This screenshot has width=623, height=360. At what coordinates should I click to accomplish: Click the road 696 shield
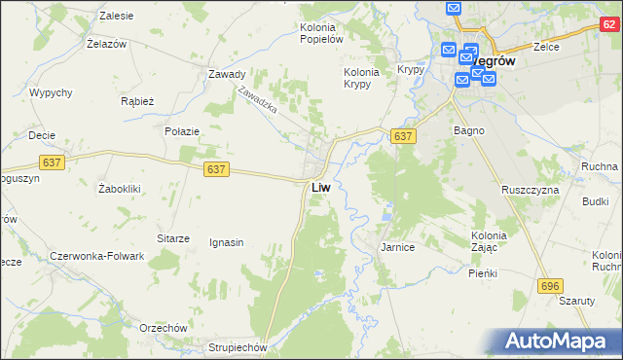pos(550,284)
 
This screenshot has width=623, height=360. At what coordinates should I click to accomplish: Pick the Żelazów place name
pos(109,45)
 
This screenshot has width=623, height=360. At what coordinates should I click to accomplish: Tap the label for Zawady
pos(226,74)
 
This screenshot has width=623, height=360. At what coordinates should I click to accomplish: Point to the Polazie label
pos(182,131)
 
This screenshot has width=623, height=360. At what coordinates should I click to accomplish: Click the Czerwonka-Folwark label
pos(96,256)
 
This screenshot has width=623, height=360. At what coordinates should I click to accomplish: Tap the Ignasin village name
pos(226,242)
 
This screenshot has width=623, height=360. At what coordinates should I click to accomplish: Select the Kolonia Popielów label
pos(321,33)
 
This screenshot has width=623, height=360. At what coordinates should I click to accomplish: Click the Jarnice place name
pos(397,248)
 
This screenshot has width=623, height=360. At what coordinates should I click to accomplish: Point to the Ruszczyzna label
pos(530,190)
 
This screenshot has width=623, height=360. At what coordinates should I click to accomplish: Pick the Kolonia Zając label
pos(489,242)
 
